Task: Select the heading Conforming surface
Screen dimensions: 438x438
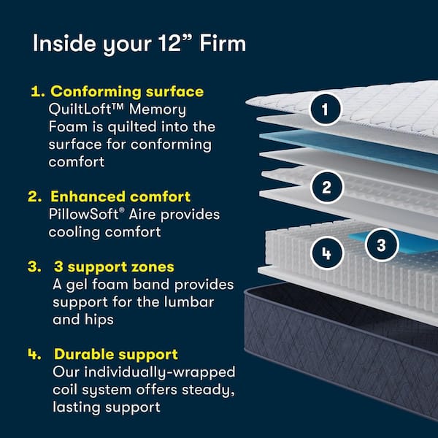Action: tap(127, 93)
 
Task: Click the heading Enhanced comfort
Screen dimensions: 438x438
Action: tap(120, 197)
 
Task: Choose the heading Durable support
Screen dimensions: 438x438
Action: tap(115, 355)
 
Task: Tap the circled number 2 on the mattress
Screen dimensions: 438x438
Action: tap(326, 188)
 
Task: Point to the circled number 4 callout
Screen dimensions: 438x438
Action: tap(326, 253)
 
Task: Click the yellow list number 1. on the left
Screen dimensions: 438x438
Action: tap(37, 93)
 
